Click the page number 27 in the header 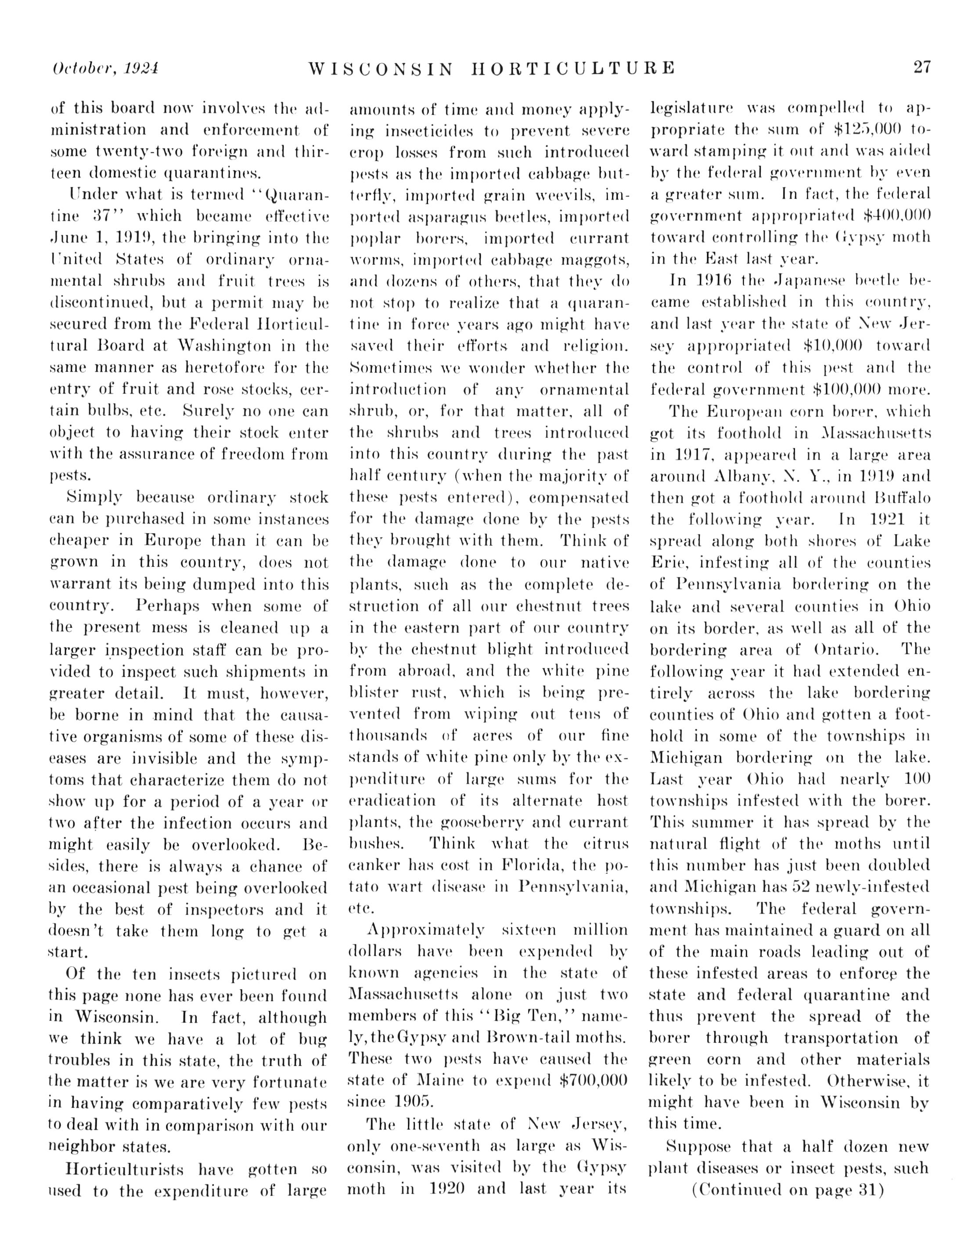[x=922, y=68]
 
